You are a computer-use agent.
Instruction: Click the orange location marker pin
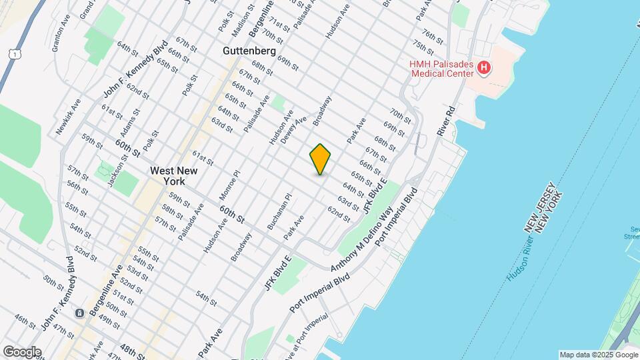tap(321, 159)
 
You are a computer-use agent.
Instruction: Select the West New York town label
tap(173, 175)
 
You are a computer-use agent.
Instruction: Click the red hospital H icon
tap(485, 67)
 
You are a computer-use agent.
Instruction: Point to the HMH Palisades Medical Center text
tap(442, 68)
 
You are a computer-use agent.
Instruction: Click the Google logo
tap(21, 351)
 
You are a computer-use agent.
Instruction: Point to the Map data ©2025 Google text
tap(598, 355)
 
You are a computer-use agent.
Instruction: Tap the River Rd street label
tap(446, 121)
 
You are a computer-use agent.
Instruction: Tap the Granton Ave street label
tap(61, 32)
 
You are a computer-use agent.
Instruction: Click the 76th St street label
tap(433, 35)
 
